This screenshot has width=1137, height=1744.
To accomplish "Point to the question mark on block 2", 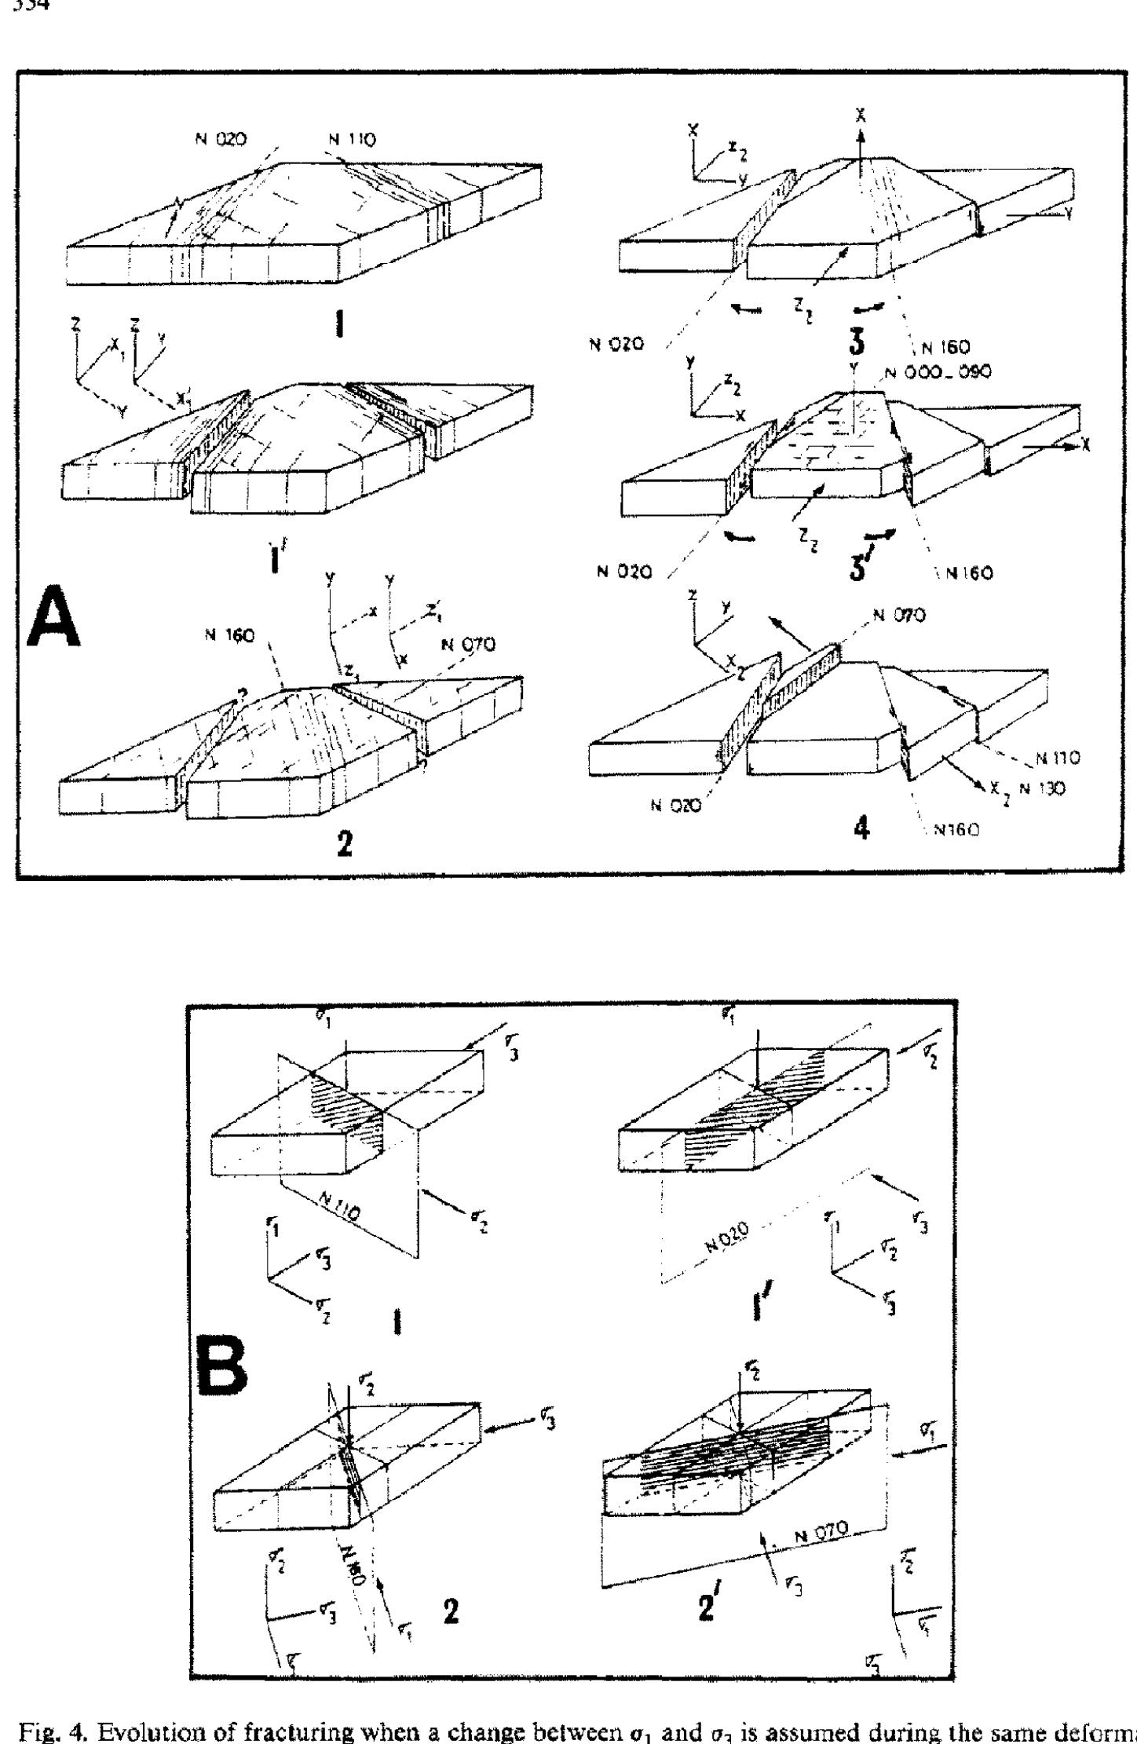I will tap(243, 693).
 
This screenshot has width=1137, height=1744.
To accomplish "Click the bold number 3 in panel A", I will tap(862, 342).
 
